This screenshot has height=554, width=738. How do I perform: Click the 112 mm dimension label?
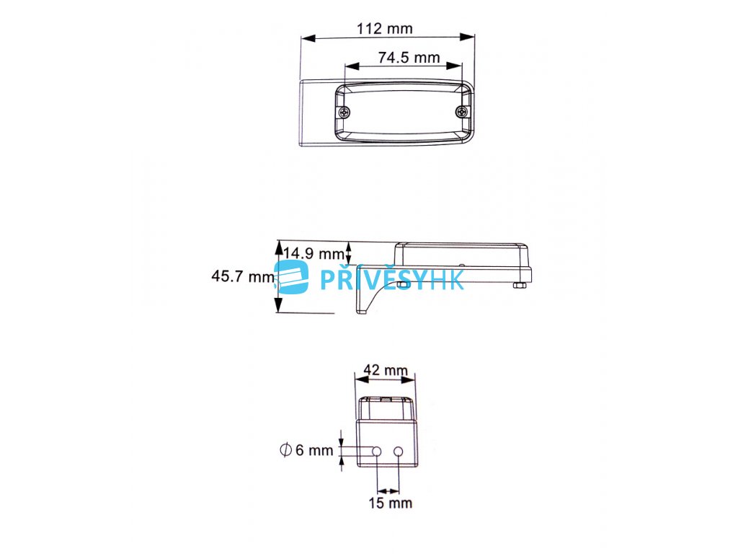coord(385,28)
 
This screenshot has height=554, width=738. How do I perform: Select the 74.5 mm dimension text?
coord(409,58)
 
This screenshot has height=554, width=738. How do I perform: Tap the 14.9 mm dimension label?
coord(314,253)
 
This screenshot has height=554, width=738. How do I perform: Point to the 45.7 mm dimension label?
coord(243,276)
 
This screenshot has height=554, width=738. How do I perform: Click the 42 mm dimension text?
coord(386,370)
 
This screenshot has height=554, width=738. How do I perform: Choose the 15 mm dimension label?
coord(390,503)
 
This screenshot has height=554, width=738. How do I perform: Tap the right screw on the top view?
coord(462,112)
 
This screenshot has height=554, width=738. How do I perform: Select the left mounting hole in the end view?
coord(376,452)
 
